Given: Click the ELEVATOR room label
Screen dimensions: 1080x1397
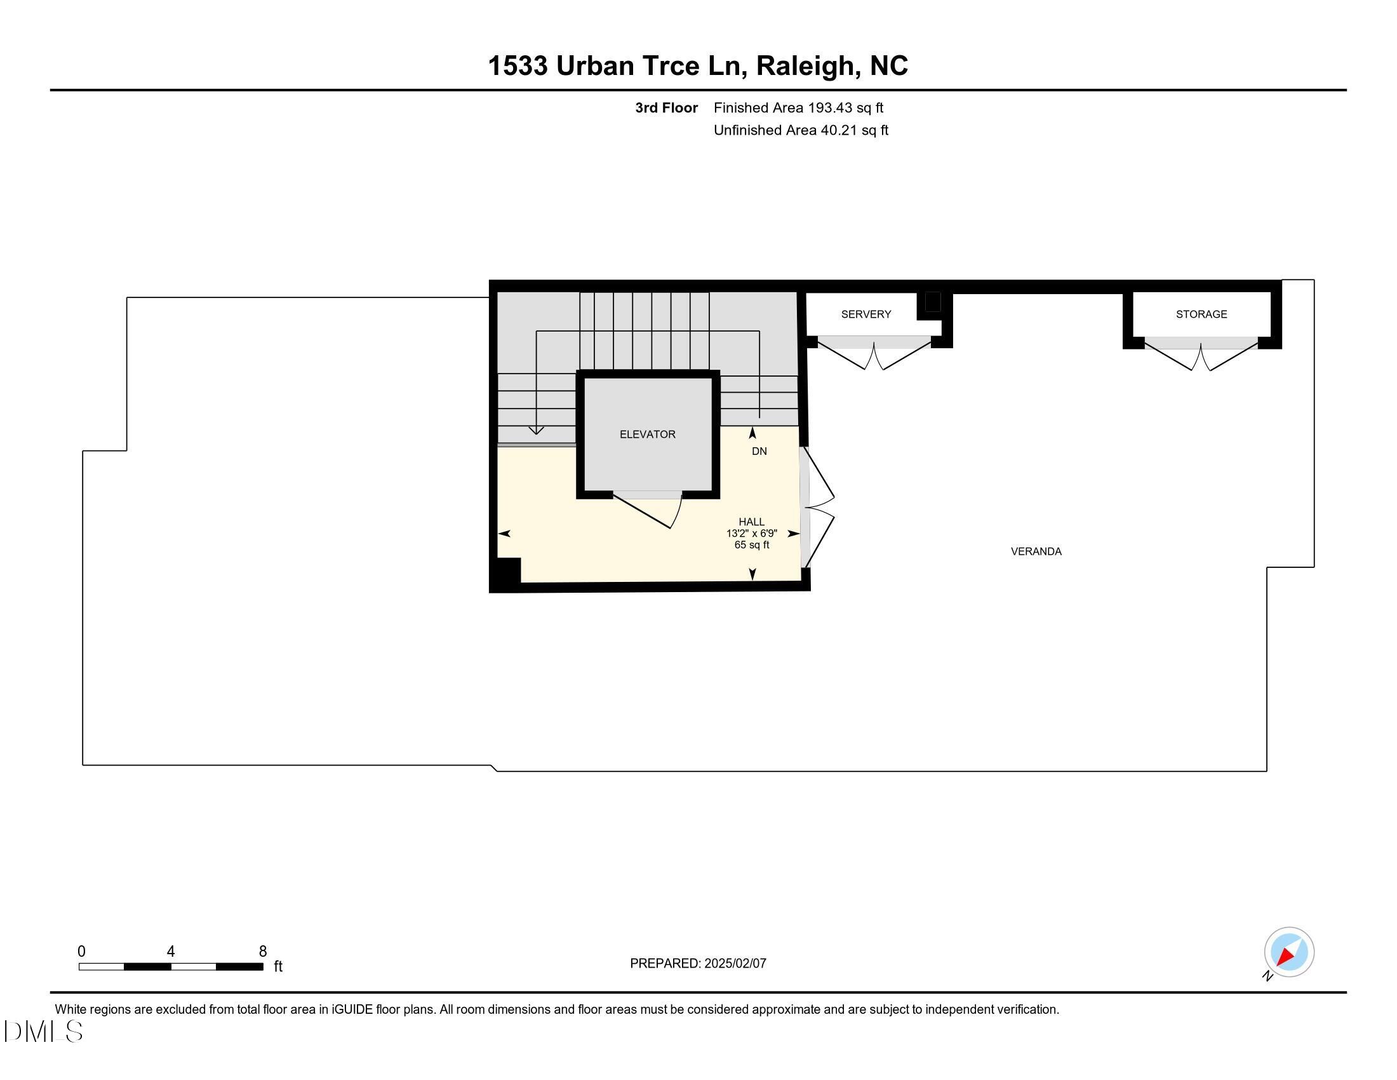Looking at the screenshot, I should (647, 434).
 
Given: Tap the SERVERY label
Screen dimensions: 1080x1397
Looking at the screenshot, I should (866, 314).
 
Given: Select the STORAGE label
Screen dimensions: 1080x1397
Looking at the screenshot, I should (1201, 314).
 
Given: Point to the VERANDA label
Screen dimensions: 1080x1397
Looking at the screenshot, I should (1036, 551).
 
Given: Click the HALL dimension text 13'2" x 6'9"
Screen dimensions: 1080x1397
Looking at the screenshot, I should (751, 534).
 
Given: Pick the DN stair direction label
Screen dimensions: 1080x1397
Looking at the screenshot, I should (759, 451).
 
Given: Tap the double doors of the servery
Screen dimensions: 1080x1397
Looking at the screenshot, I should (874, 355).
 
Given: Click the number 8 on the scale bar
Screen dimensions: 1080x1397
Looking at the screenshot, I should (262, 952).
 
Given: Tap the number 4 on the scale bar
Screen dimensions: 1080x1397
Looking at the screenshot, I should (170, 952).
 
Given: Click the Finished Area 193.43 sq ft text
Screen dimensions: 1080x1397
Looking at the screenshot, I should (798, 107).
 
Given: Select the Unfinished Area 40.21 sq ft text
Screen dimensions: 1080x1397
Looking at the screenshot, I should (800, 130).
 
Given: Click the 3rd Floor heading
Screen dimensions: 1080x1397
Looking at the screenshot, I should (666, 107).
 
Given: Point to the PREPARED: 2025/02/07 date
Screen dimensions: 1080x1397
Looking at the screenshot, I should (698, 963).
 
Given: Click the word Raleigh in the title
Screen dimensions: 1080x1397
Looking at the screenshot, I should (805, 65).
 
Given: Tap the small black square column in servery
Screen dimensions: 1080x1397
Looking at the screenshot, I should (932, 302).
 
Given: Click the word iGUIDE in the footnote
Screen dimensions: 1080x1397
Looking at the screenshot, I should (351, 1009).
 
